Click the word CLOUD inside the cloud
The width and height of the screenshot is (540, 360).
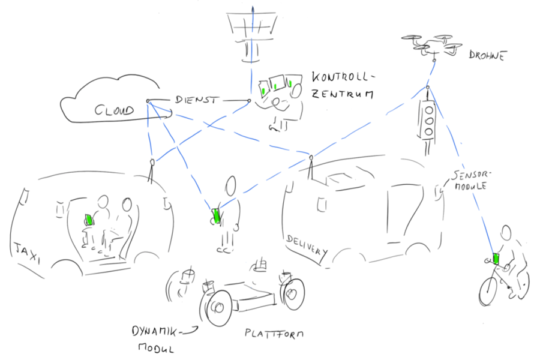pos(114,110)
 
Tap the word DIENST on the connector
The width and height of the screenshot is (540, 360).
pos(197,100)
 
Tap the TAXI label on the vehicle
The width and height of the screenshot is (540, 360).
pos(26,252)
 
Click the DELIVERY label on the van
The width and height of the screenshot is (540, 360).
pos(307,245)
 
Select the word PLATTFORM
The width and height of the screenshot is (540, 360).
pos(274,333)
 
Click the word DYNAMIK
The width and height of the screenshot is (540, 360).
pos(155,332)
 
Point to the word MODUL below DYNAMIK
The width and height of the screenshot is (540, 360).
pos(156,347)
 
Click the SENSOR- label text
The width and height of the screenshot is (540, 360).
pos(470,175)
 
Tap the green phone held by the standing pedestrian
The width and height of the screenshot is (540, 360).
pos(217,215)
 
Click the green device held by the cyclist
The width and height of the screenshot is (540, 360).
pos(496,259)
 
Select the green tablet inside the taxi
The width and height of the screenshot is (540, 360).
pos(89,220)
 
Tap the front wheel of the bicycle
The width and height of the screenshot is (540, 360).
pos(488,290)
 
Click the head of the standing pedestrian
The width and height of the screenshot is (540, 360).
pos(231,185)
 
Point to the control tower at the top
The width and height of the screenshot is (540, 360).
pos(251,34)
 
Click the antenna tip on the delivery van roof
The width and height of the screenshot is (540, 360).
pos(311,157)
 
